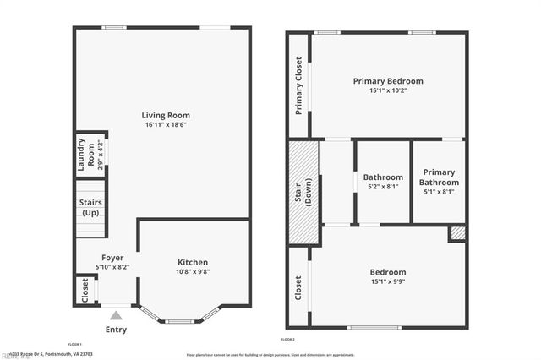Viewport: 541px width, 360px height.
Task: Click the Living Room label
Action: click(165, 115)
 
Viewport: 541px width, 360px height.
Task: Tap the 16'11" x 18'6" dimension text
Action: click(165, 125)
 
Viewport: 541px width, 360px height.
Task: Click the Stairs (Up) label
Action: click(90, 208)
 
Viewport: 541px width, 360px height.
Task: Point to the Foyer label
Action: click(112, 257)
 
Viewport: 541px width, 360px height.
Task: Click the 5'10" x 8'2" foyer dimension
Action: click(112, 266)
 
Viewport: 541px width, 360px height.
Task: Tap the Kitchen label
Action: click(193, 262)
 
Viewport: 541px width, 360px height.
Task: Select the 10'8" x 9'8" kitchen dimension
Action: click(193, 272)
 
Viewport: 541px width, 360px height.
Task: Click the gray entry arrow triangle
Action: click(117, 315)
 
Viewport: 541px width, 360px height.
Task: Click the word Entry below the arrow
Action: click(117, 330)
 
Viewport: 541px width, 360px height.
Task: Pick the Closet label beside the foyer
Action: click(85, 290)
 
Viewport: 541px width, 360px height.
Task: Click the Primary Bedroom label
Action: click(387, 81)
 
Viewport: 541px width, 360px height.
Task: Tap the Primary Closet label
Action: click(298, 85)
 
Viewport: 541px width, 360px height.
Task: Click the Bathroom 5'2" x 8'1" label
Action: click(381, 182)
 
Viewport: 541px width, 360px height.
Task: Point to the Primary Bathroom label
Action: click(439, 177)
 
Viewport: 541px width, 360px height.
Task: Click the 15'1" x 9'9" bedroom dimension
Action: click(387, 282)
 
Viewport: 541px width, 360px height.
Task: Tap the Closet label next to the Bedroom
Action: click(298, 288)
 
